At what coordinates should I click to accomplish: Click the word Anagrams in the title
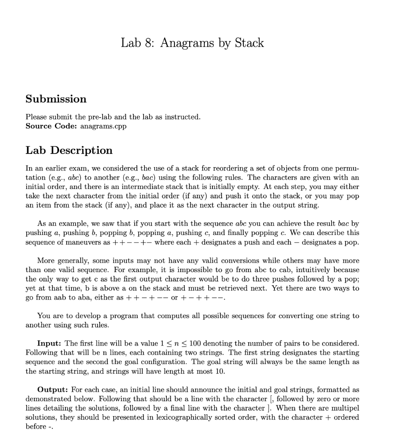tap(188, 43)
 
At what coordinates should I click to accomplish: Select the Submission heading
tap(56, 99)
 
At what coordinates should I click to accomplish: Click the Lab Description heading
tap(69, 151)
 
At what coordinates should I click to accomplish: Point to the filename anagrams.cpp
tap(103, 126)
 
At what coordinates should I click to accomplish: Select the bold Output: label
tap(53, 389)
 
